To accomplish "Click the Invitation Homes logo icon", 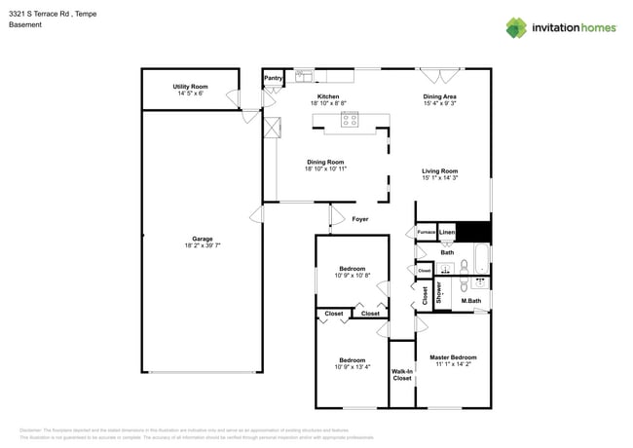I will [516, 27].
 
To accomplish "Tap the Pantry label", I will [273, 78].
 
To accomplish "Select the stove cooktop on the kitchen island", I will [349, 121].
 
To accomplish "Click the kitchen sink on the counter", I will [304, 74].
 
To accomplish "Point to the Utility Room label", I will [190, 87].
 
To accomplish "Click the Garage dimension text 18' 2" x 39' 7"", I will [203, 245].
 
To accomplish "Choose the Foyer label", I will [359, 219].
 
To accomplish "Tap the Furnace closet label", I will [426, 233].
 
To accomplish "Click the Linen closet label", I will [447, 233].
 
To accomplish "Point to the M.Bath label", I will [471, 301].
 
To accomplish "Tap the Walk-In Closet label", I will [401, 374].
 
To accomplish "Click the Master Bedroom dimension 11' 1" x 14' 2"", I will [453, 364].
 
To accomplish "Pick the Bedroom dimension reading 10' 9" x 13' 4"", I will [352, 367].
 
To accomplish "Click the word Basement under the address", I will [26, 25].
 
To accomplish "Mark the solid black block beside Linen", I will [473, 233].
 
